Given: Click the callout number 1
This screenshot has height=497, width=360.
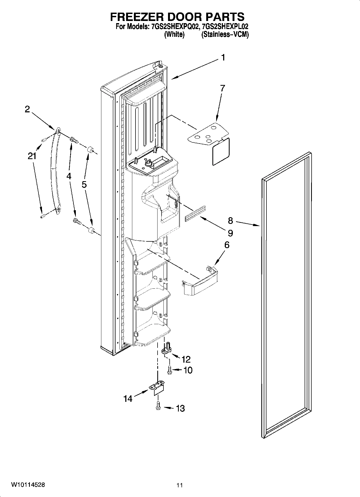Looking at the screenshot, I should click(x=223, y=58).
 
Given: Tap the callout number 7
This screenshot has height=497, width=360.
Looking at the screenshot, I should click(x=222, y=88).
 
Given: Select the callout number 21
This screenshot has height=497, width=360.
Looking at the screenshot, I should click(x=32, y=156).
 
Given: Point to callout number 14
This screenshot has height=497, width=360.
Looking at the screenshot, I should click(x=128, y=399).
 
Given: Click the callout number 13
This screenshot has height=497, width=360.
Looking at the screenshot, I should click(x=180, y=409).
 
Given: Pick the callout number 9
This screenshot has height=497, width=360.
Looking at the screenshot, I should click(x=230, y=233).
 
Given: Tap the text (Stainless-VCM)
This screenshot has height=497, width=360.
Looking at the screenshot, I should click(x=225, y=34).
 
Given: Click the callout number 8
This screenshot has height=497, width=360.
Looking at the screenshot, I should click(x=230, y=221).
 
